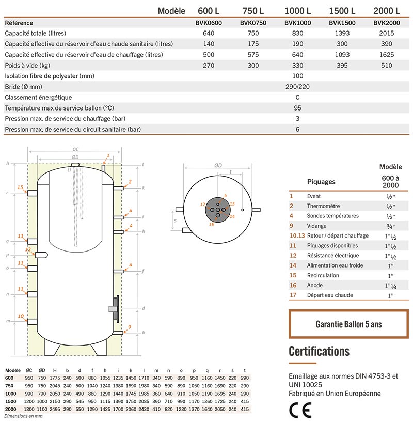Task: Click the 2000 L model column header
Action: pyautogui.click(x=386, y=11)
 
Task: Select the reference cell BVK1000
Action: pyautogui.click(x=297, y=23)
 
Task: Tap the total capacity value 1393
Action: pyautogui.click(x=341, y=34)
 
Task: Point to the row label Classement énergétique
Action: pyautogui.click(x=38, y=97)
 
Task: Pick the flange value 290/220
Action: pyautogui.click(x=297, y=87)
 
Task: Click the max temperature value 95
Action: pyautogui.click(x=297, y=108)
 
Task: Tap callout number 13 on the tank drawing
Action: pyautogui.click(x=20, y=186)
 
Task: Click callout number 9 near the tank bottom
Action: pyautogui.click(x=130, y=327)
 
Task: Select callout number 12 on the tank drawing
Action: pyautogui.click(x=28, y=249)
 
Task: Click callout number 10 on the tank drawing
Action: pyautogui.click(x=21, y=316)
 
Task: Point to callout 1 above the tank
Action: pyautogui.click(x=108, y=155)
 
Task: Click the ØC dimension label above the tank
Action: pyautogui.click(x=75, y=149)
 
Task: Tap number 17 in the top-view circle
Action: pyautogui.click(x=202, y=205)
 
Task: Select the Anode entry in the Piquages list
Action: pyautogui.click(x=314, y=285)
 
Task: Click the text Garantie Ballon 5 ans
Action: pyautogui.click(x=348, y=324)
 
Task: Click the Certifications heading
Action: pyautogui.click(x=319, y=352)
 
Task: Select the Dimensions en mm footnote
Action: pyautogui.click(x=23, y=416)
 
